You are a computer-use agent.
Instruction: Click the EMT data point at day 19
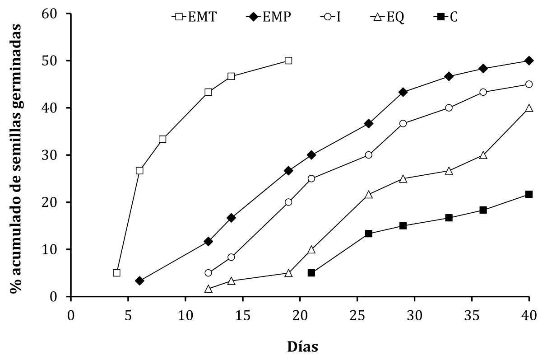288,61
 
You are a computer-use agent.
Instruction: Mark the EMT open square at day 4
116,273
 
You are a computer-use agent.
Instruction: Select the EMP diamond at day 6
139,281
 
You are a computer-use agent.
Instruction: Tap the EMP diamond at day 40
529,61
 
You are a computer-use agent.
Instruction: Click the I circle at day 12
208,273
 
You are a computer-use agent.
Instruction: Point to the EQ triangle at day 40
529,108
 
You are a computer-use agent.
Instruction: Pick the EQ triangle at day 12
208,289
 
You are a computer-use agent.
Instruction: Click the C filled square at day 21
311,273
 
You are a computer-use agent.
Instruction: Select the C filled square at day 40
529,194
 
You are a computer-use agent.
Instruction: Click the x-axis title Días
302,347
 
